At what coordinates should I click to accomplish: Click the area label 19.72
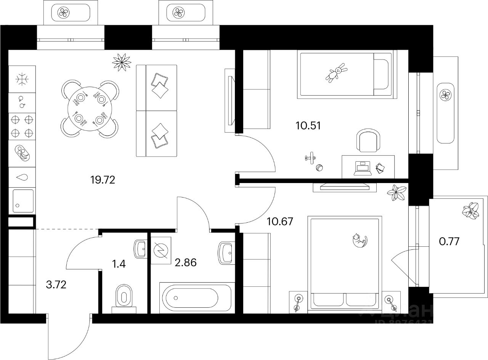tap(103, 179)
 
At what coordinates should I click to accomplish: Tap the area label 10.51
tap(308, 125)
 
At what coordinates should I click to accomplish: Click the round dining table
tap(90, 109)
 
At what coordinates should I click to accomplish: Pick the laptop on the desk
tap(362, 168)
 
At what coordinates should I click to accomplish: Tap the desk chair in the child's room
tap(368, 141)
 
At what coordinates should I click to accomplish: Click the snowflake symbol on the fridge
tap(22, 79)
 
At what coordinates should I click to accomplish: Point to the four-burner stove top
tap(22, 126)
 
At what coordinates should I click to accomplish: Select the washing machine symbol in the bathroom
tap(161, 250)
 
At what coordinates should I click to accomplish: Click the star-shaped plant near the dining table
tap(122, 61)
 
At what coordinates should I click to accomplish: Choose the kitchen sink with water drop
tap(22, 177)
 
